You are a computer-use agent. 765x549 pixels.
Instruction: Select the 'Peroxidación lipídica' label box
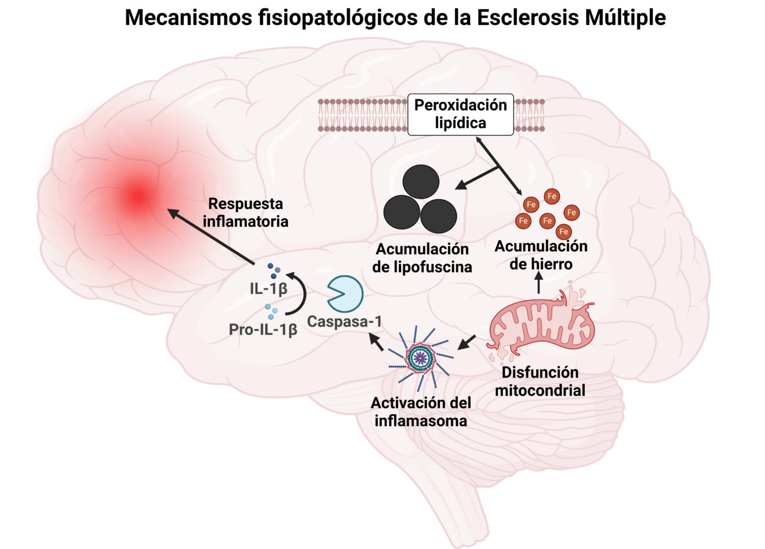point(460,114)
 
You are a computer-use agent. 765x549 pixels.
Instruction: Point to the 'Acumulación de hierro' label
point(540,255)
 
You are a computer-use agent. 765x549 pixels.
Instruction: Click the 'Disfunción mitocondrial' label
point(540,381)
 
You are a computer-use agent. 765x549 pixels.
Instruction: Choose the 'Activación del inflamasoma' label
point(421,411)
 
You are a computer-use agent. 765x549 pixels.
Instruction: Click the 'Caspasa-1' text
point(344,321)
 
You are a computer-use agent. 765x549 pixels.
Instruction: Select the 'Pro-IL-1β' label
point(263,330)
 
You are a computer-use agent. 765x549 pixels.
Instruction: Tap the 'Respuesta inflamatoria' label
point(246,213)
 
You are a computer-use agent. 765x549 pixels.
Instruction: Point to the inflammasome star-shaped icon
point(421,358)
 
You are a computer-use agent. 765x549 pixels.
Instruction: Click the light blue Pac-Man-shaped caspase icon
point(345,294)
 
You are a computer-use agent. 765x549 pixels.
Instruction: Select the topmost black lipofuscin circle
point(421,181)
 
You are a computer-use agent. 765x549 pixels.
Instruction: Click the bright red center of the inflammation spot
point(137,196)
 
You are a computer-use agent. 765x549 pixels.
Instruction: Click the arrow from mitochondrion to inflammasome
point(467,342)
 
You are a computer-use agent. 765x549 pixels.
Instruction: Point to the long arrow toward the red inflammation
point(211,237)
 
